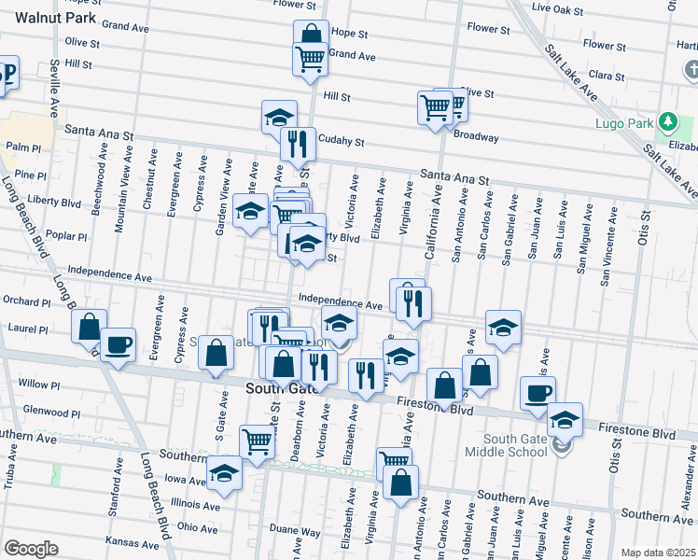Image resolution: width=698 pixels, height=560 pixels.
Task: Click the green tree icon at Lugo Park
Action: point(667,122)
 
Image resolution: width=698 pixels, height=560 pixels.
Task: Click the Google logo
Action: point(31,548)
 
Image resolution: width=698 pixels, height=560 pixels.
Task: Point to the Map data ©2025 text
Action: point(657,553)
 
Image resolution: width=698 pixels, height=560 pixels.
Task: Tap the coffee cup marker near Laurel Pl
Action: point(119,344)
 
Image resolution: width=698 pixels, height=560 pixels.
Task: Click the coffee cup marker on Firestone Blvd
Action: point(537,394)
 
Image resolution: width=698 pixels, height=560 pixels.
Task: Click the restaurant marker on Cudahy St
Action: point(298,144)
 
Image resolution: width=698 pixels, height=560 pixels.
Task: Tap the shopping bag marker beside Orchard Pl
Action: point(89,327)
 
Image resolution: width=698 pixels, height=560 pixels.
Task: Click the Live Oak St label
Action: point(554,7)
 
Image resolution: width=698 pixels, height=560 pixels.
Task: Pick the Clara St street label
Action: point(607,75)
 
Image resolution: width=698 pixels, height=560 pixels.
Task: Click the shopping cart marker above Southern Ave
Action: point(257,442)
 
